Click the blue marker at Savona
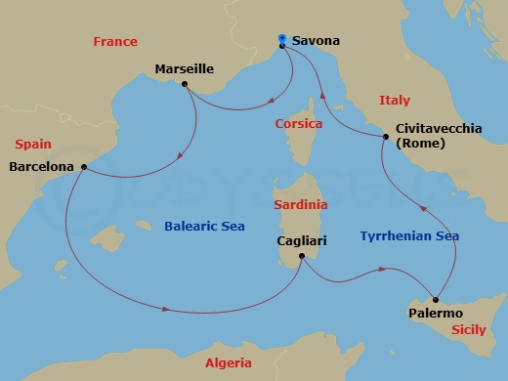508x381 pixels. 281,39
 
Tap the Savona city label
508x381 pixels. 316,41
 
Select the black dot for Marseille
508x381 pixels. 184,84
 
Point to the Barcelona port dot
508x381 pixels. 85,167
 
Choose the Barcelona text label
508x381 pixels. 41,167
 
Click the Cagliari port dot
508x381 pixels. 302,257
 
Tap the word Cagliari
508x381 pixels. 301,240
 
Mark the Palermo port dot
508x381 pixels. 437,299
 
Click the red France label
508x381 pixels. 114,42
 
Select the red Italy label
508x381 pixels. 394,101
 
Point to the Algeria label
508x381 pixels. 229,362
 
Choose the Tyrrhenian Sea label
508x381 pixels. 409,236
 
